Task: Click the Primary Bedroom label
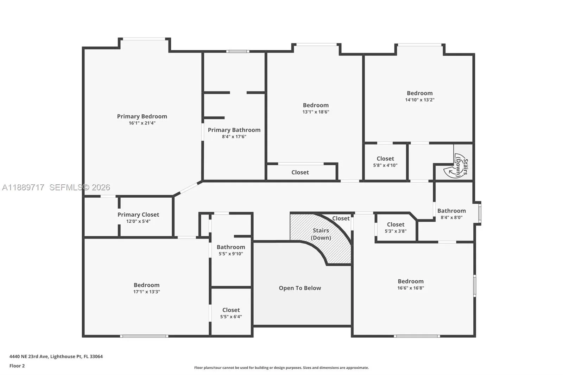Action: click(x=142, y=116)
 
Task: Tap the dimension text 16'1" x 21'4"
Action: click(x=142, y=123)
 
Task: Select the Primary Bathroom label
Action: click(x=234, y=130)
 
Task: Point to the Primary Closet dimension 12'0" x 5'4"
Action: click(x=138, y=221)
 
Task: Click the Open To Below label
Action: click(x=300, y=288)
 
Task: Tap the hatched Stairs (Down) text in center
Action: click(x=321, y=234)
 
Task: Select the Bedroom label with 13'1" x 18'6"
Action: click(x=316, y=105)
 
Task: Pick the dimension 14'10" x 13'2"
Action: click(x=419, y=100)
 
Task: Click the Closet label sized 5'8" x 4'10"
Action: click(x=385, y=159)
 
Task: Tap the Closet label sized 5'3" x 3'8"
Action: click(x=396, y=224)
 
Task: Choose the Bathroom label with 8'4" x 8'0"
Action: click(x=451, y=211)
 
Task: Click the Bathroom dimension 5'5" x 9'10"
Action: click(x=230, y=254)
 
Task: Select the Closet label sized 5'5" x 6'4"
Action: click(x=231, y=310)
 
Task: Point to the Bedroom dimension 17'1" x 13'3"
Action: click(x=146, y=292)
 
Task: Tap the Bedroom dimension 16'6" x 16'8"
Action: click(x=411, y=288)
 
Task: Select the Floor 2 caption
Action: click(x=17, y=366)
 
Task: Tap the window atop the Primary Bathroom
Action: click(x=238, y=52)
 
